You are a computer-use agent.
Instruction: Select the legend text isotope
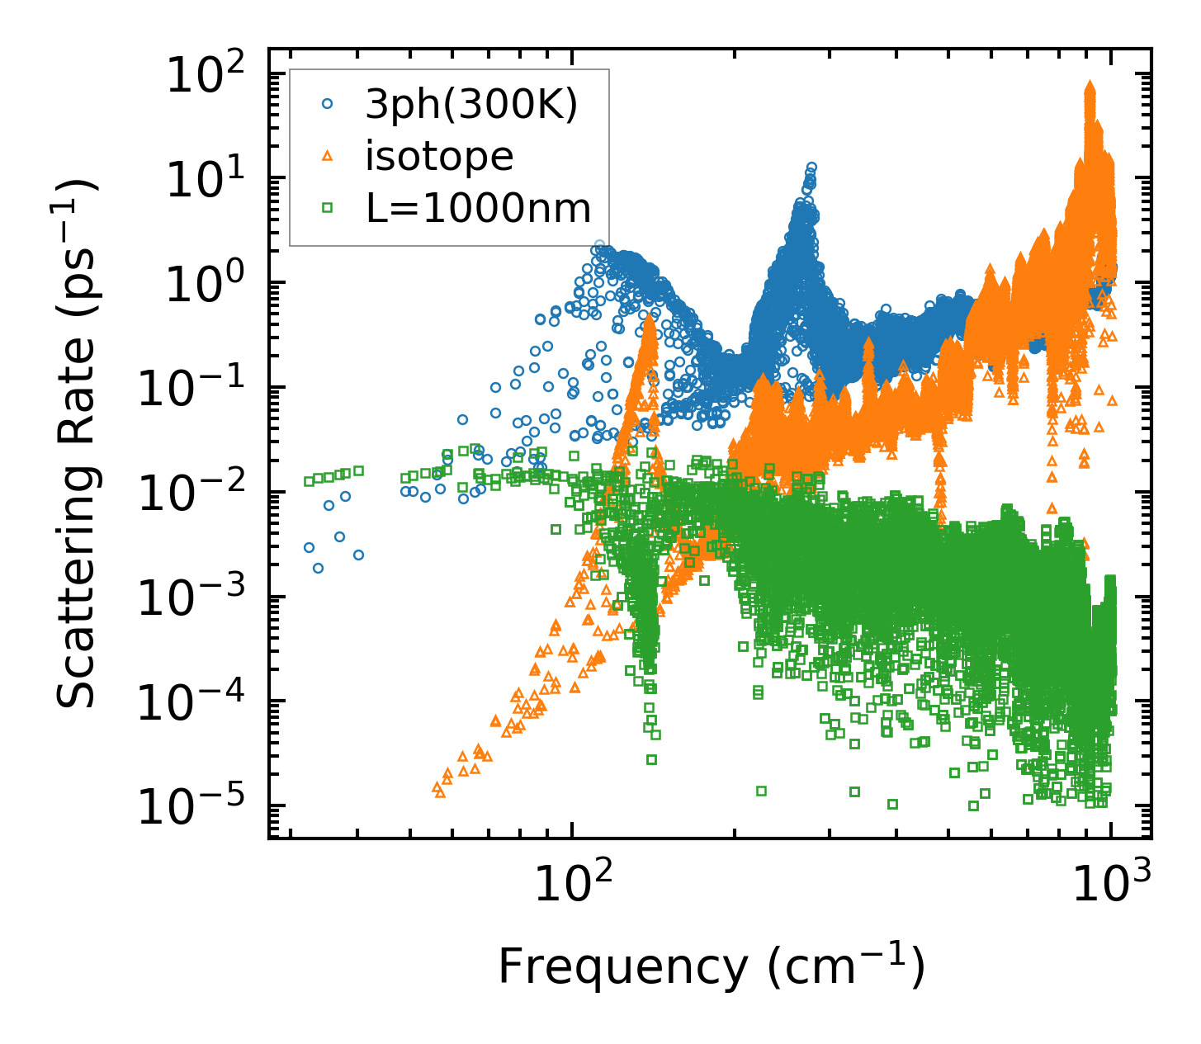439,157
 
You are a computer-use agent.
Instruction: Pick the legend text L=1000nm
479,209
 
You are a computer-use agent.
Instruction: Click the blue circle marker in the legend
329,104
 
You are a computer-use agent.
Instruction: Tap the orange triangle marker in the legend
329,155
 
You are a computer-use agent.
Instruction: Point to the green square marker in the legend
329,209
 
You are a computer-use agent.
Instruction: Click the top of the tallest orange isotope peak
1090,84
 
